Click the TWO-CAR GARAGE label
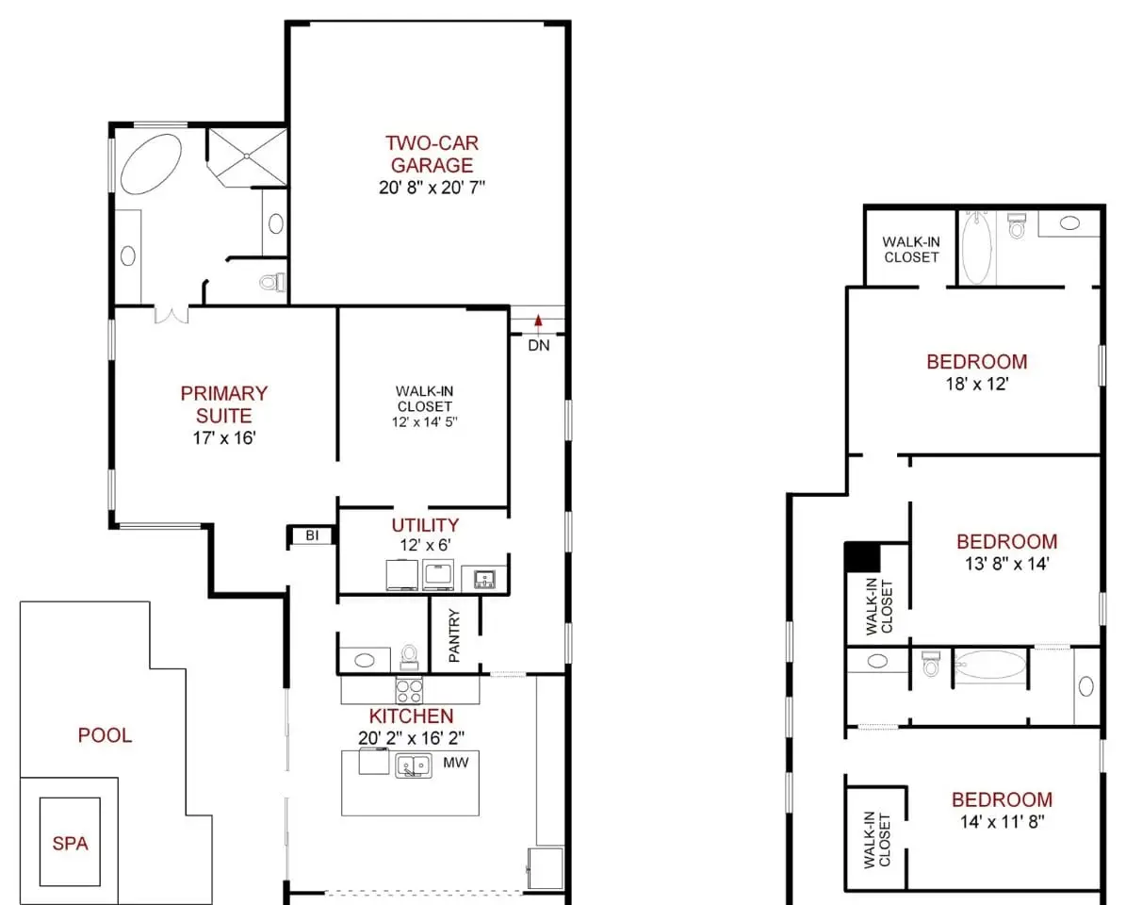(432, 154)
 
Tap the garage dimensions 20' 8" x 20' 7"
(432, 188)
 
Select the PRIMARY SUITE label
(224, 404)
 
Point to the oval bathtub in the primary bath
(151, 163)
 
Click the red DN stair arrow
(538, 322)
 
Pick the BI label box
(312, 535)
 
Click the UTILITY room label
(425, 525)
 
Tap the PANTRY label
(454, 635)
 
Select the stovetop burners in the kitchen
(409, 690)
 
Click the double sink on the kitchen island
(414, 765)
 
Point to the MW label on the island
(456, 762)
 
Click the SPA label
(71, 843)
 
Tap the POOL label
(105, 735)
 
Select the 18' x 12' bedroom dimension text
(976, 385)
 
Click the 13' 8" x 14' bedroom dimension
(1006, 564)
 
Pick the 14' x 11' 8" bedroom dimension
(1002, 822)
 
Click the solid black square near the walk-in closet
(862, 557)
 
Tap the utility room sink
(484, 579)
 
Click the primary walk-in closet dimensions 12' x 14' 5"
(424, 422)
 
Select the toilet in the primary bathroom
(272, 282)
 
